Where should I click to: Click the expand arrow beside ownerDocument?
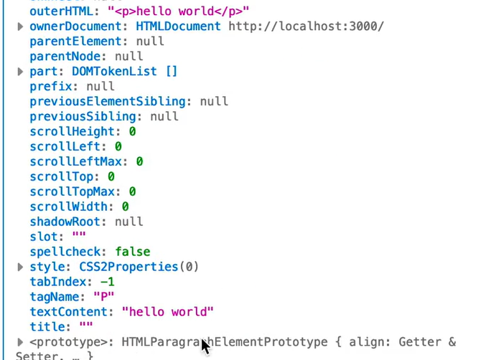coord(20,27)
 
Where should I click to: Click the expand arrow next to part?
coord(20,72)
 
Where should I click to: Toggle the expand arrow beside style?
coord(20,267)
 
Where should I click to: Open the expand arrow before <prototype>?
coord(20,342)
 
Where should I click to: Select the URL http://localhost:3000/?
coord(307,27)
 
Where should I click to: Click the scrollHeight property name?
coord(72,132)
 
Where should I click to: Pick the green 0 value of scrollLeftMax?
coord(140,162)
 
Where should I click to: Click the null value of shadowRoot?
coord(129,222)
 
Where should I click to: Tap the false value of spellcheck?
coord(133,252)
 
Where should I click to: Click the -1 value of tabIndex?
coord(108,283)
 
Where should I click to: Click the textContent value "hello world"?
coord(168,313)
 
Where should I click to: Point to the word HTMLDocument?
coord(179,27)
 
